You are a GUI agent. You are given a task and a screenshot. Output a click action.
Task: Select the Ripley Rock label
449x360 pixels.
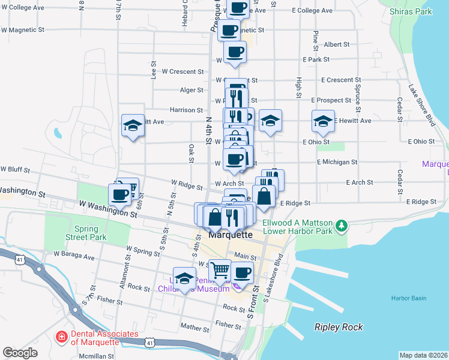[x=339, y=327]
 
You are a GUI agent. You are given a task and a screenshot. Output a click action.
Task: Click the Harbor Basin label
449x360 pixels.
[x=408, y=298]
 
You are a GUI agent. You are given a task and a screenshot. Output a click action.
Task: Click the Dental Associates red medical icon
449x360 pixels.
[x=61, y=338]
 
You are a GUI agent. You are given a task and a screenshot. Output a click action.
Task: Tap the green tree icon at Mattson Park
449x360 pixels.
[x=342, y=226]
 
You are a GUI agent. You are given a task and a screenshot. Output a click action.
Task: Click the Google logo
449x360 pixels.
[x=20, y=353]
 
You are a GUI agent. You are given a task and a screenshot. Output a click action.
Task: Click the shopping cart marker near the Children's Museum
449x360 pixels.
[x=220, y=271]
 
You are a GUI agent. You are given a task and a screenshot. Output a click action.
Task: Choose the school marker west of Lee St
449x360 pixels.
[x=133, y=125]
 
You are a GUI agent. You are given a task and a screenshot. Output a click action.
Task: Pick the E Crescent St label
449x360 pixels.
[x=341, y=80]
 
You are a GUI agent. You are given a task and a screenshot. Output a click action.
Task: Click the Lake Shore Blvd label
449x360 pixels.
[x=421, y=104]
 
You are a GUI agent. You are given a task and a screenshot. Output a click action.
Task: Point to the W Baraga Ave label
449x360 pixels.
[x=74, y=257]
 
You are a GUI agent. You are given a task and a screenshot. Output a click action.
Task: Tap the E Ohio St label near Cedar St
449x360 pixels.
[x=421, y=142]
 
